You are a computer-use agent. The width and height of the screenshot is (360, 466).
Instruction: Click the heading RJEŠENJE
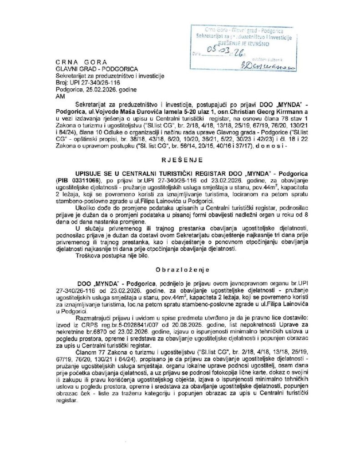180,161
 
